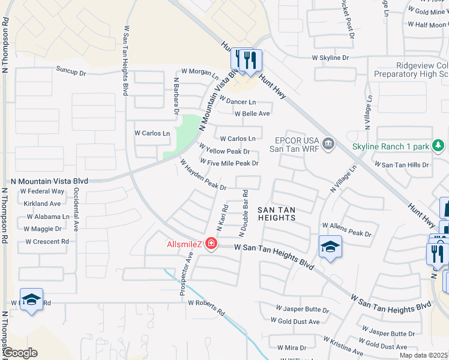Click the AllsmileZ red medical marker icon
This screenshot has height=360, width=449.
coord(211,244)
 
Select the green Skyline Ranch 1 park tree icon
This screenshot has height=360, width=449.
coord(438,145)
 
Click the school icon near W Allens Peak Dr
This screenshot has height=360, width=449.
coord(330,247)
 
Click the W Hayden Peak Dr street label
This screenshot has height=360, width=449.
coord(203,175)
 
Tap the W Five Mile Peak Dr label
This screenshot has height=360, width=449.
coord(229,163)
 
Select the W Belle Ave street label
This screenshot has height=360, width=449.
coord(252,113)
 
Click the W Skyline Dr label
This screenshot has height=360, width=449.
coord(330,58)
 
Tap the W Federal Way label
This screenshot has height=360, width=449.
coord(42,191)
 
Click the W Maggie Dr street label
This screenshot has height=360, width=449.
coord(43,229)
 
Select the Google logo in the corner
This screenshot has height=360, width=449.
coord(20,353)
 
